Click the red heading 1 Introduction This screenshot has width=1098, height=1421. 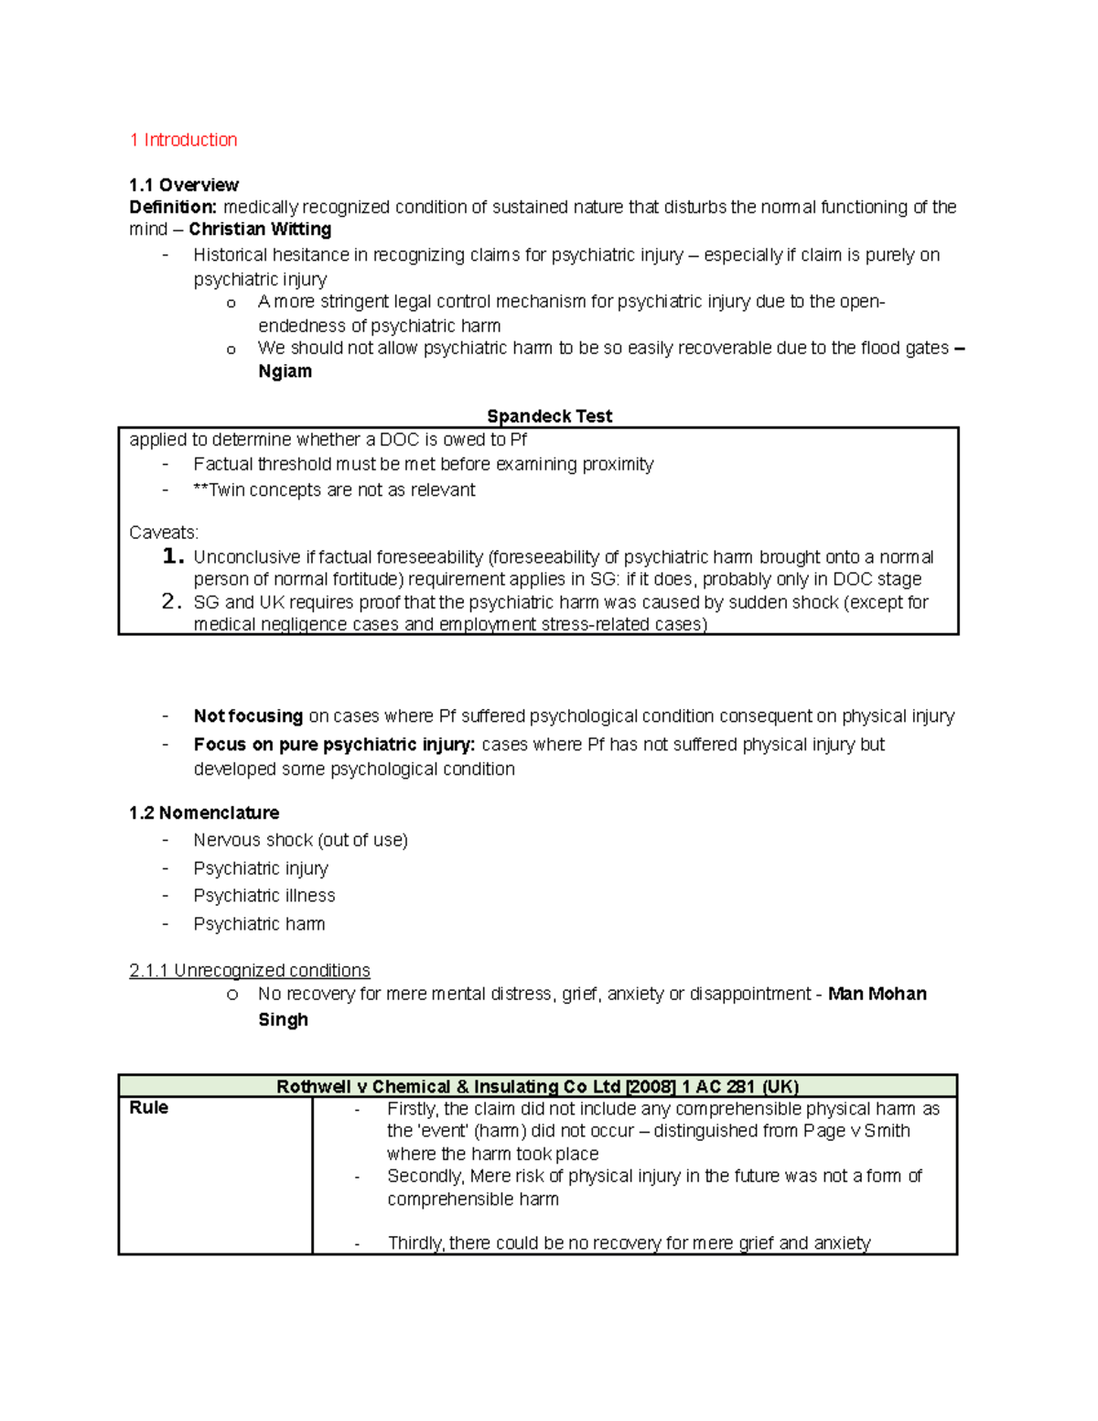[183, 140]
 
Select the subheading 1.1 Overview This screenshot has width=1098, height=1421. [183, 185]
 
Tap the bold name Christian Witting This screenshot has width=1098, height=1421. [260, 230]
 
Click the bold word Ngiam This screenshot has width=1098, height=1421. [285, 371]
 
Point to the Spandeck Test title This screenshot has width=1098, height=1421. [549, 416]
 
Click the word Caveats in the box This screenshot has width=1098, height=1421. [163, 533]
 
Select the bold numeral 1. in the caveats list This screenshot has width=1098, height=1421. [173, 556]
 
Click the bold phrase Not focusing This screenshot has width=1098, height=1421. [248, 716]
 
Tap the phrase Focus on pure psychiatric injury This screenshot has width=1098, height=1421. [334, 745]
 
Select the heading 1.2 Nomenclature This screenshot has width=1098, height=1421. [204, 813]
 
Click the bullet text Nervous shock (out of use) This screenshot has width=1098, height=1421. [300, 840]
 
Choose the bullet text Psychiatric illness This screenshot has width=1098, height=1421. [264, 896]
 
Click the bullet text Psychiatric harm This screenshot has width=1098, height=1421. [259, 924]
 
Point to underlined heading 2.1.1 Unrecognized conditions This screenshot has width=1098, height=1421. [250, 971]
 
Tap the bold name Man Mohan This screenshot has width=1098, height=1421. [877, 995]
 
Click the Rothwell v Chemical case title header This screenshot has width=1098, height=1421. [537, 1087]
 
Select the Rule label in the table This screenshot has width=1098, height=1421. [148, 1108]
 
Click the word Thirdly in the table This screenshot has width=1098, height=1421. [415, 1243]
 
